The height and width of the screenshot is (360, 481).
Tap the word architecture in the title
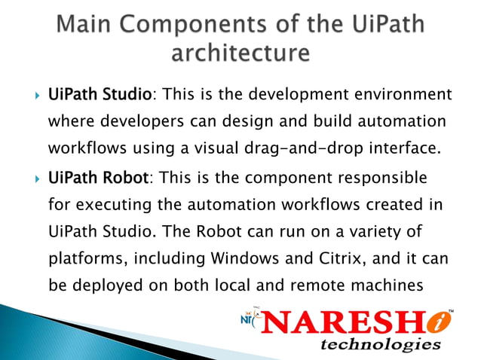point(240,54)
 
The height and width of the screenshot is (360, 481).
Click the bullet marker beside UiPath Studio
point(31,96)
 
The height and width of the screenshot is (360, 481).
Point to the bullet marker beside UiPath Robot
point(31,179)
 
